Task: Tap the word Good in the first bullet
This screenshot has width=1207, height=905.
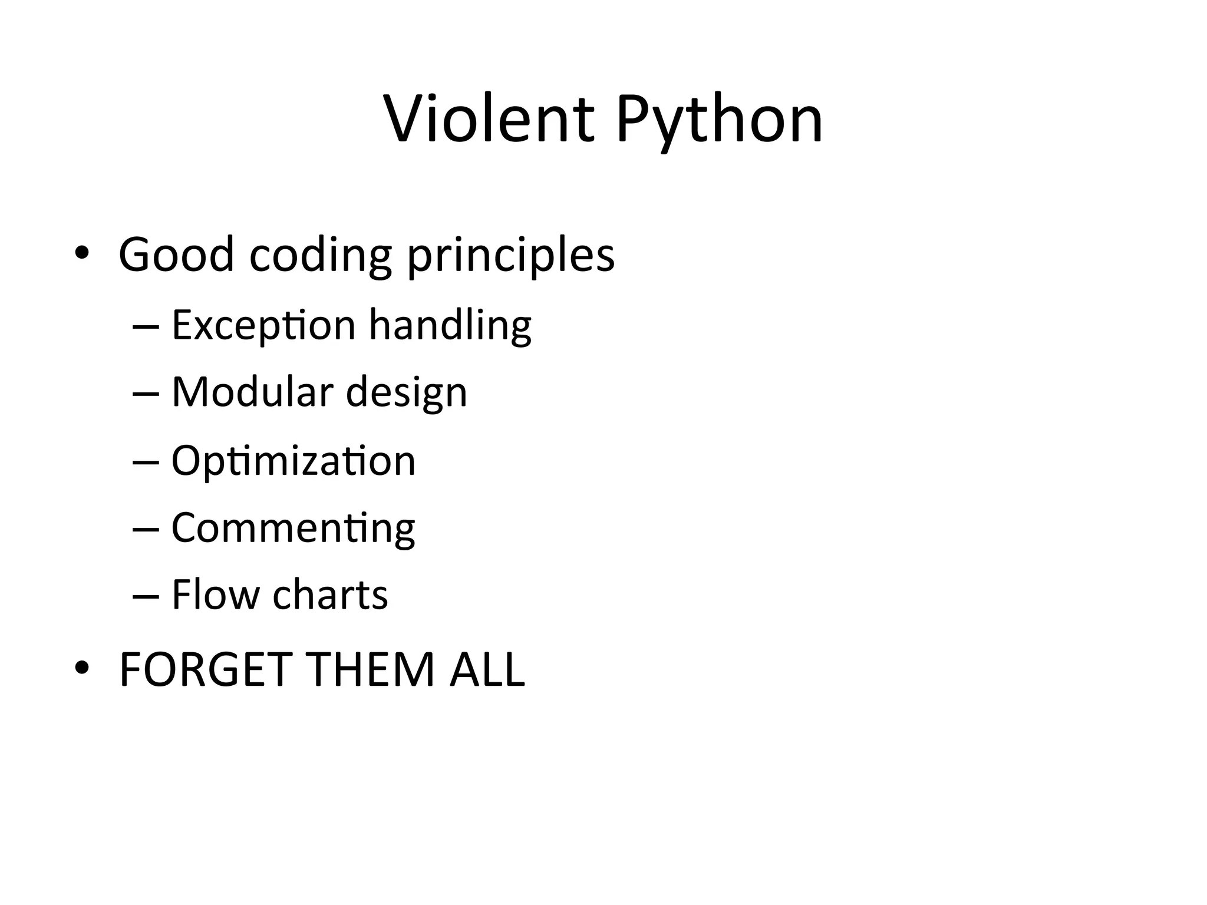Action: coord(176,255)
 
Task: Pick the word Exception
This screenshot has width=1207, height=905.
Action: coord(263,326)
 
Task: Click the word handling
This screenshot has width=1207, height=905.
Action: coord(450,326)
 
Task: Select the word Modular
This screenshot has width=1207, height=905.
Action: coord(252,392)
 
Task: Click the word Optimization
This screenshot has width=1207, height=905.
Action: coord(293,461)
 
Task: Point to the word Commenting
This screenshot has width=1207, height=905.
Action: coord(293,529)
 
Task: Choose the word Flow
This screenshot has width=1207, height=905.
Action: coord(215,594)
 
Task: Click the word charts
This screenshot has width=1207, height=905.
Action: coord(330,594)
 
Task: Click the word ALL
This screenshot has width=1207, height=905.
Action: coord(487,670)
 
